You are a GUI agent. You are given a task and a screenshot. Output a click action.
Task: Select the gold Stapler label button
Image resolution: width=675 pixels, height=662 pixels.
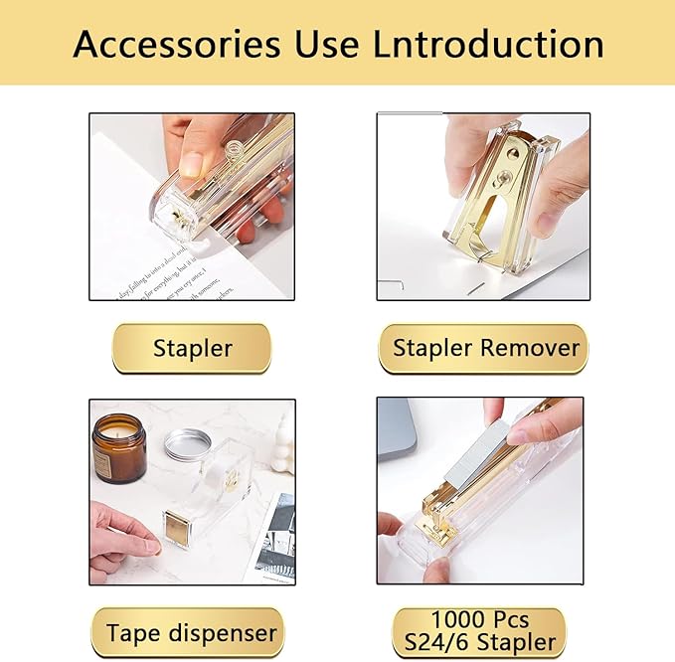tap(192, 348)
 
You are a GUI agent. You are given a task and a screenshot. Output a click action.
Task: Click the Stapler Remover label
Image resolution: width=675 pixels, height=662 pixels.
tap(484, 348)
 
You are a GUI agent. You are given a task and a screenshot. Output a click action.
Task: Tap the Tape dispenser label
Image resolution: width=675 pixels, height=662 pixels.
tap(192, 632)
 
